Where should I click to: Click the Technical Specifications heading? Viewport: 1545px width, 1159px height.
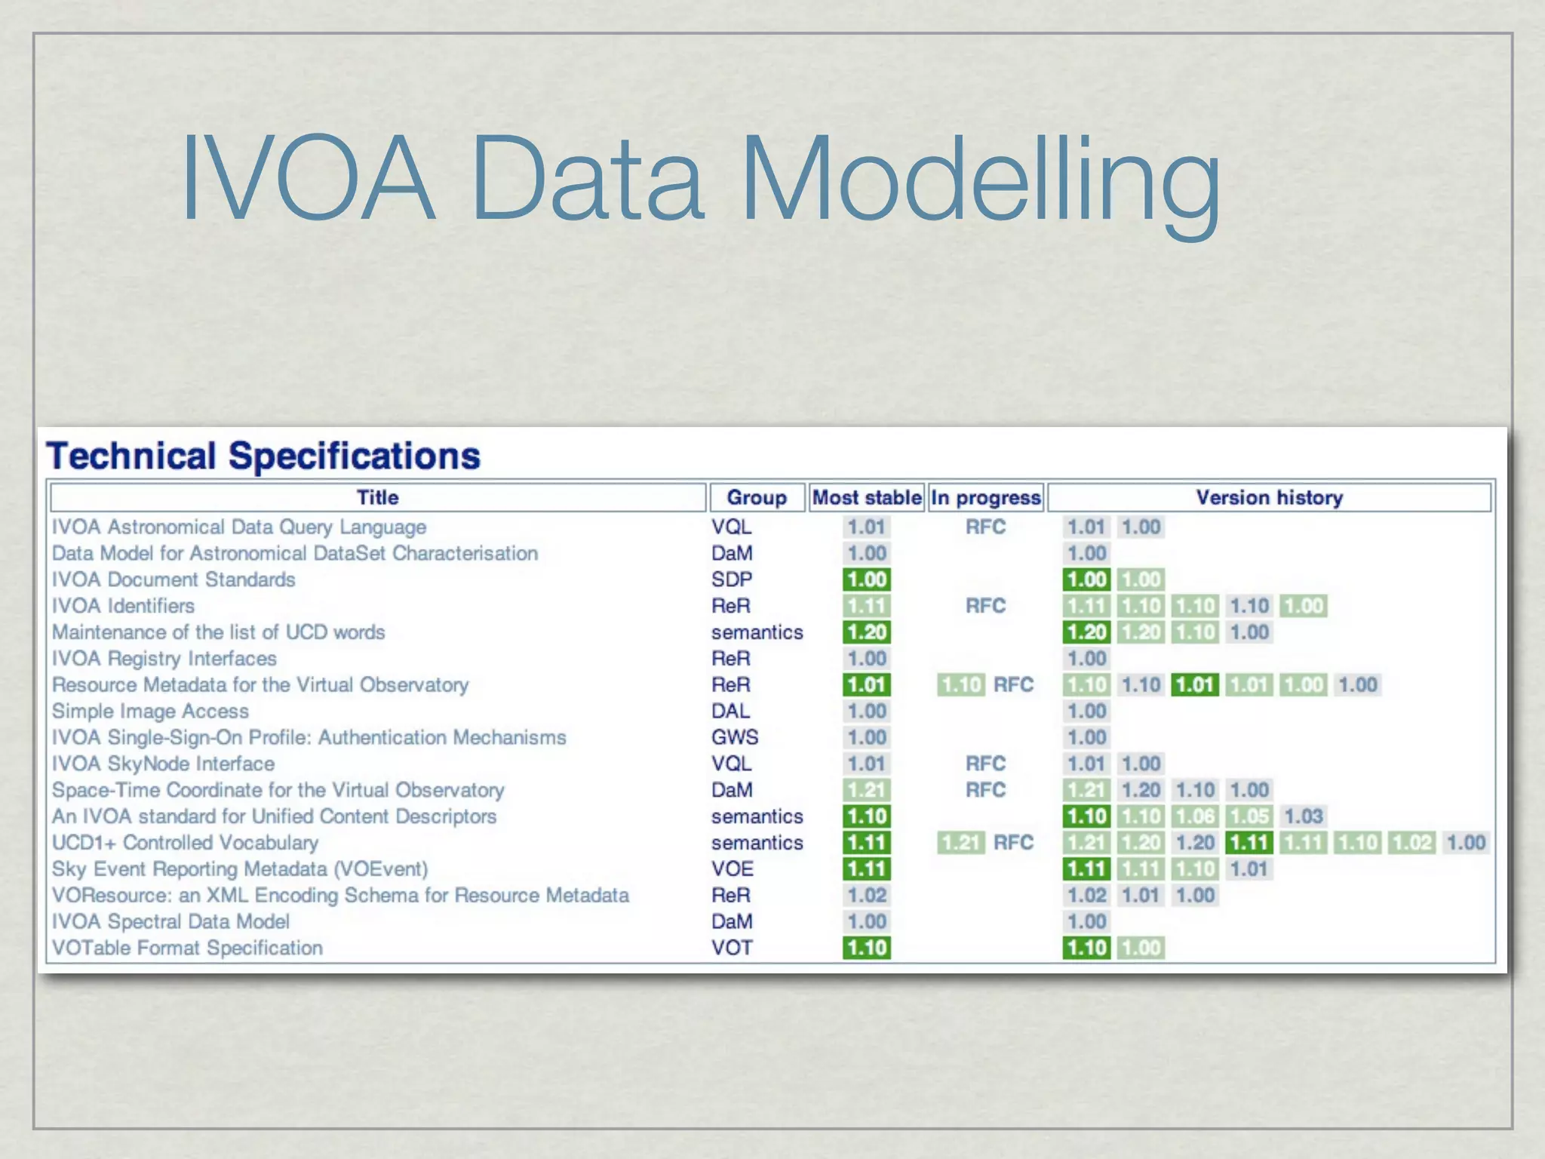263,456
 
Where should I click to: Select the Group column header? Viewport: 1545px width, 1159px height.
756,498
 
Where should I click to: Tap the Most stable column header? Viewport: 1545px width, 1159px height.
867,498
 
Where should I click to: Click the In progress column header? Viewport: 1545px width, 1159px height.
985,498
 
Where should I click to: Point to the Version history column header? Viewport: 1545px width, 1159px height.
1269,498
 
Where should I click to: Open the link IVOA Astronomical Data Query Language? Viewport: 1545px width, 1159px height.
239,527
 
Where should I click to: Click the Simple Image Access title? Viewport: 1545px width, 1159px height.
150,711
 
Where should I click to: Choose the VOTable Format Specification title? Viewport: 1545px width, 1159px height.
187,948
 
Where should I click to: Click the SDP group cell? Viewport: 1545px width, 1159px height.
732,579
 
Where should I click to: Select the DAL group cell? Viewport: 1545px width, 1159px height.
730,711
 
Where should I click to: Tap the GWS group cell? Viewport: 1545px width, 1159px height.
735,737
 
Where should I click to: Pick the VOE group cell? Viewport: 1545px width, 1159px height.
733,868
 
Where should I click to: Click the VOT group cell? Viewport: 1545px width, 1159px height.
732,948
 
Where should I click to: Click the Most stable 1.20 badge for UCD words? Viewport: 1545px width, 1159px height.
867,632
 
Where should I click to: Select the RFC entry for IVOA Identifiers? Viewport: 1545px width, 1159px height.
985,606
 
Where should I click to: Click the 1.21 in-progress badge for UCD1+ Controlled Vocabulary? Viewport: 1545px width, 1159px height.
960,843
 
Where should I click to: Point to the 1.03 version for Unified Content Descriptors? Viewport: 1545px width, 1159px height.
1304,816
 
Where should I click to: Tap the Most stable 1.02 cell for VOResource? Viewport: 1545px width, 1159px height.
867,896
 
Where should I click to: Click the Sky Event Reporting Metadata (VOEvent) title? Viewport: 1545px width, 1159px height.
240,869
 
